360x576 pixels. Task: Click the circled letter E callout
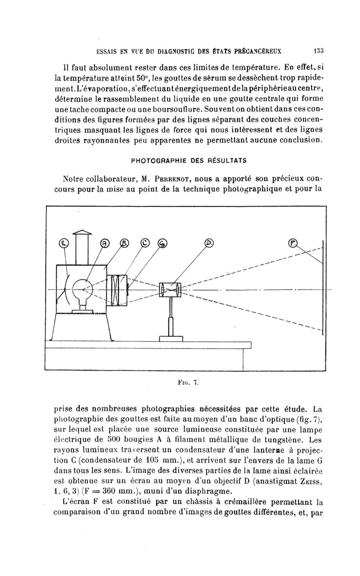pos(64,244)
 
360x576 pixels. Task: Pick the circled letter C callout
pos(145,243)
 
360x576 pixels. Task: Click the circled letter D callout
pos(208,243)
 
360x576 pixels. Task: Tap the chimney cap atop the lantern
pos(82,233)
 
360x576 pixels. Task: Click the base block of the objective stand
pos(171,338)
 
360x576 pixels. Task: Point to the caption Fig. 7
pos(188,383)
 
